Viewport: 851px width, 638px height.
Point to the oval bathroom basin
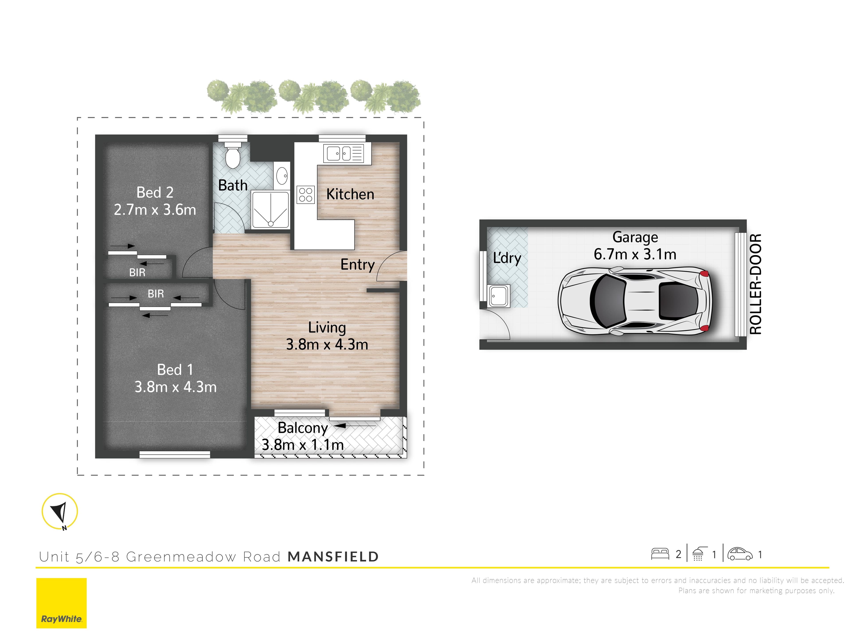pos(282,177)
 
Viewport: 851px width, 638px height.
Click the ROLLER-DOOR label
pos(755,284)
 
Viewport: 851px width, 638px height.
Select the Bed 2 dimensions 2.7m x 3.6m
pos(155,210)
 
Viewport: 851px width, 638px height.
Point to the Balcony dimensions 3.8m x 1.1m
pos(303,445)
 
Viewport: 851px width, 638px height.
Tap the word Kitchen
pos(350,194)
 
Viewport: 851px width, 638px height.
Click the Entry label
pos(357,265)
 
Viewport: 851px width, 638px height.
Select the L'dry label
pos(507,258)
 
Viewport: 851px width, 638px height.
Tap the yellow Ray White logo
pos(62,603)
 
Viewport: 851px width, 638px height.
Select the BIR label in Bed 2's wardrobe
pos(137,273)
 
